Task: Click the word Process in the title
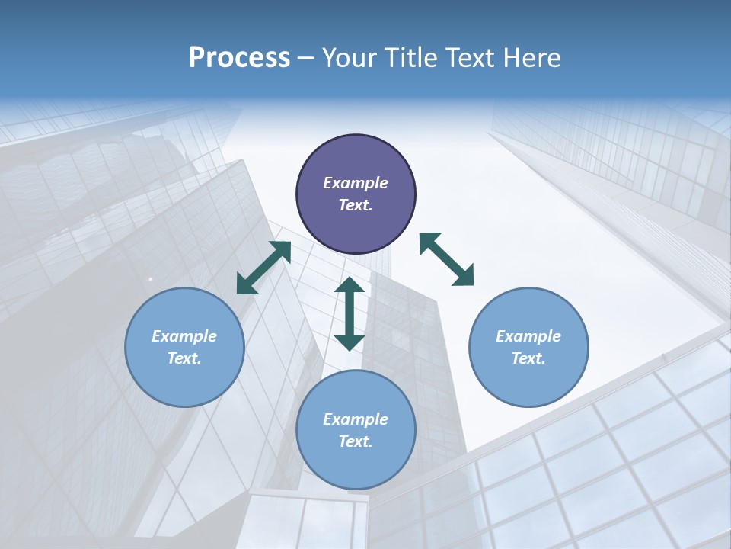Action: click(x=239, y=58)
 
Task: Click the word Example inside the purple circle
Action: click(x=356, y=183)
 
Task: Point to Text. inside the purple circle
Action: click(x=356, y=205)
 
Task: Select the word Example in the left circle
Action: click(x=184, y=336)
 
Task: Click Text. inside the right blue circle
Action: click(x=528, y=358)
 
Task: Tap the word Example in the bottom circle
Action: click(x=356, y=419)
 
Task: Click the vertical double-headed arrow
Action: click(x=350, y=314)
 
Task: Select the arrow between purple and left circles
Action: click(x=263, y=268)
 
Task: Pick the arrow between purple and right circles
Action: click(x=446, y=260)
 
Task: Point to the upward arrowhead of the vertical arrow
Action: click(x=350, y=285)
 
